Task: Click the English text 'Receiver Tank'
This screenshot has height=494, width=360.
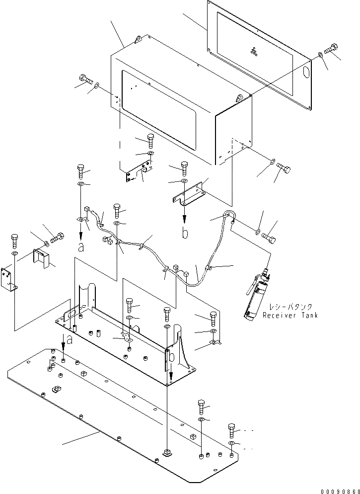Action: [x=290, y=315]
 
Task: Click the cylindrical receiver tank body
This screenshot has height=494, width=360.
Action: [x=257, y=298]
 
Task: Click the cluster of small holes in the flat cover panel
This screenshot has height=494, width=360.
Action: [x=254, y=50]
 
